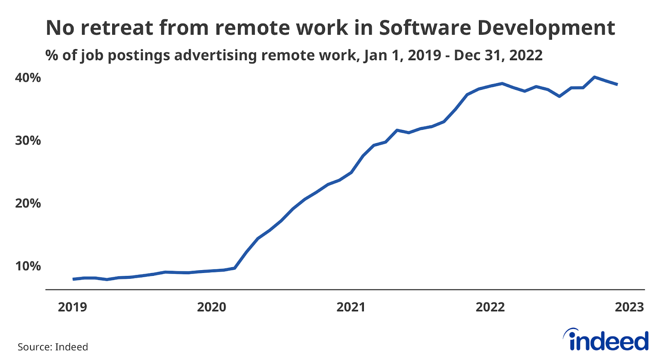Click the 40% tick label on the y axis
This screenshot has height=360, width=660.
[28, 78]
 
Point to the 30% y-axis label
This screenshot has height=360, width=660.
[28, 141]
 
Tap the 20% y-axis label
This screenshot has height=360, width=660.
[28, 203]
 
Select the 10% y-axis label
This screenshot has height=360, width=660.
[28, 266]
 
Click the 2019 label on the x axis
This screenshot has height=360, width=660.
[72, 307]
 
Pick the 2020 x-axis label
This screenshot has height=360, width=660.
[212, 307]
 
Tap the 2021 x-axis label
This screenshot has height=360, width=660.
[351, 307]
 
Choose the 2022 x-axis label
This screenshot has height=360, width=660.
[490, 307]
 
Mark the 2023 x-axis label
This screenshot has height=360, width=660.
[629, 307]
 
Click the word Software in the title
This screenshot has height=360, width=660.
[425, 28]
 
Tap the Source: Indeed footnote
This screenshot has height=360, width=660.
[53, 347]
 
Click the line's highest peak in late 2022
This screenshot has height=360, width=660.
[594, 77]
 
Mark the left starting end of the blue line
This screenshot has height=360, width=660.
[73, 279]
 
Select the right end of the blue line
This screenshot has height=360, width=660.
[617, 84]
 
